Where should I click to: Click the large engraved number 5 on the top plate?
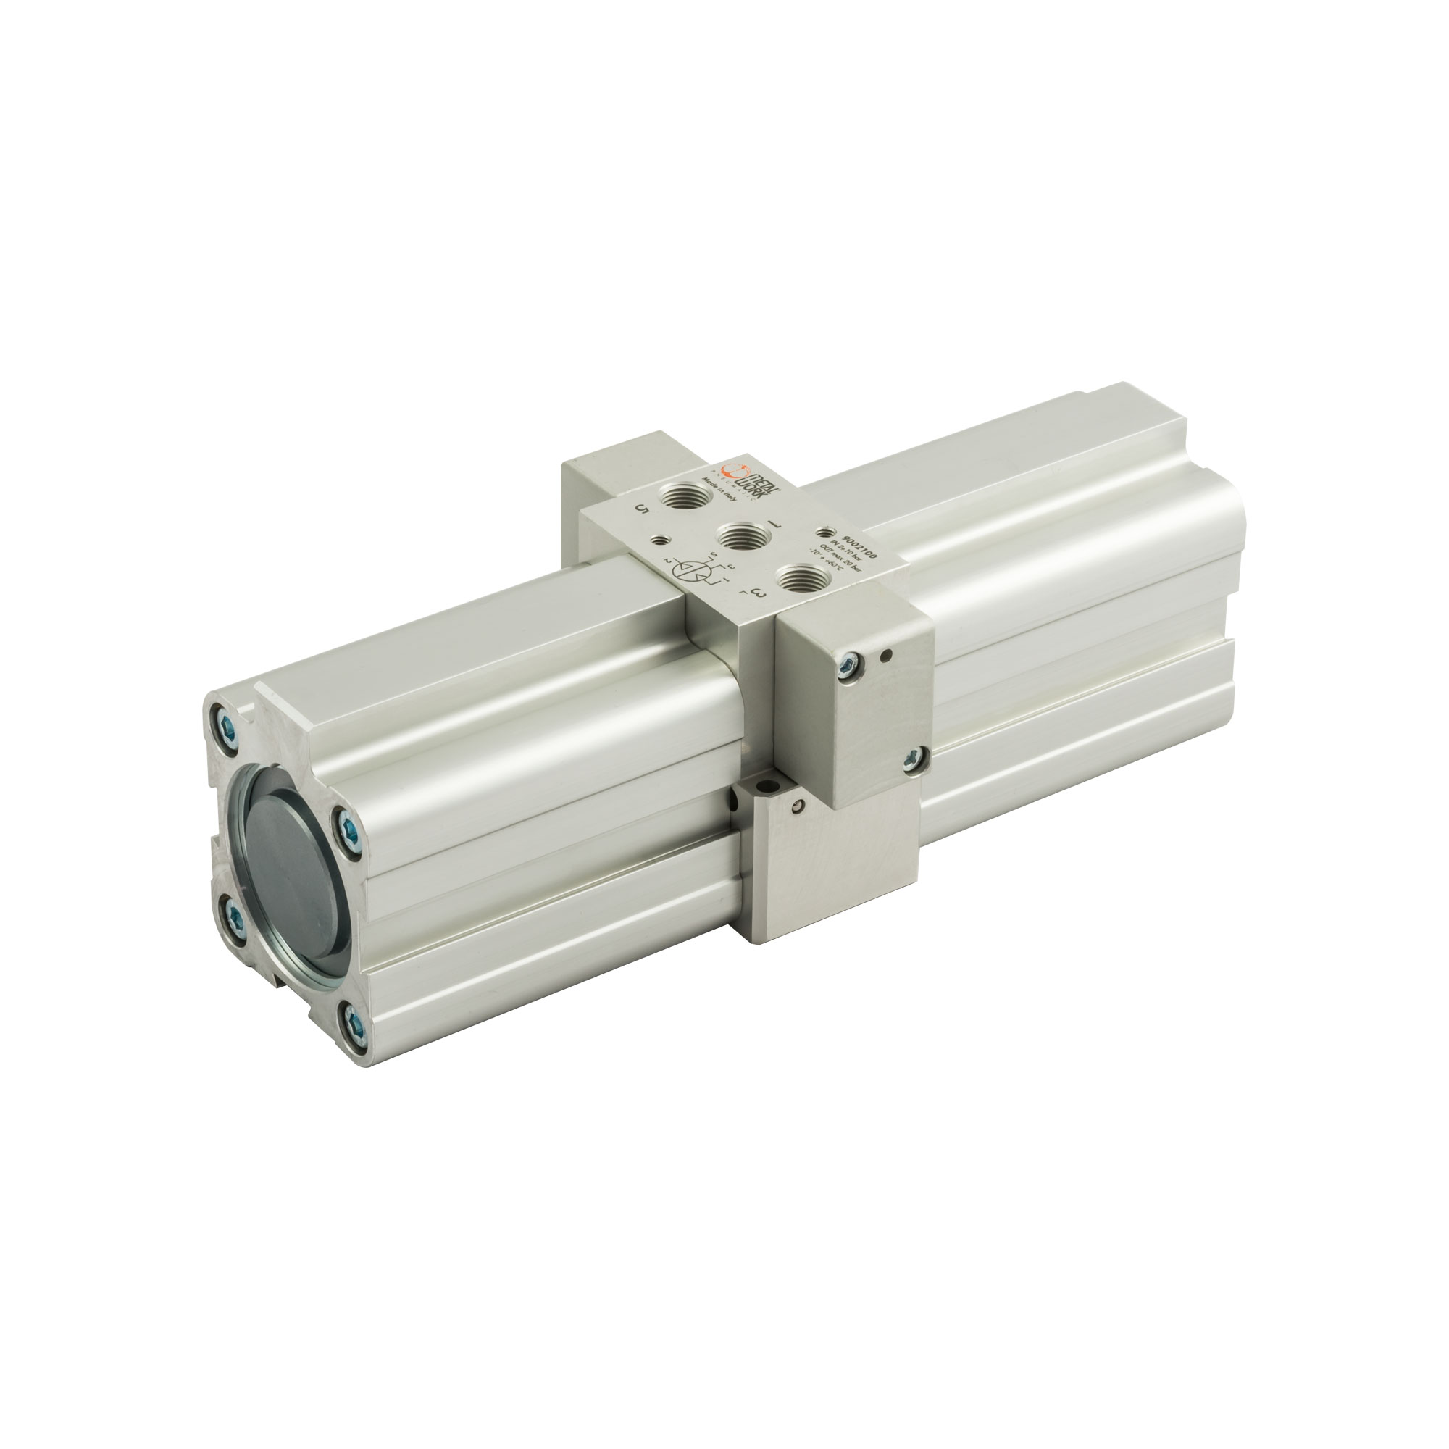tap(641, 509)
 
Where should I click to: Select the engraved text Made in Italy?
tap(716, 493)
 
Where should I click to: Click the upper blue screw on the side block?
tap(850, 661)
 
